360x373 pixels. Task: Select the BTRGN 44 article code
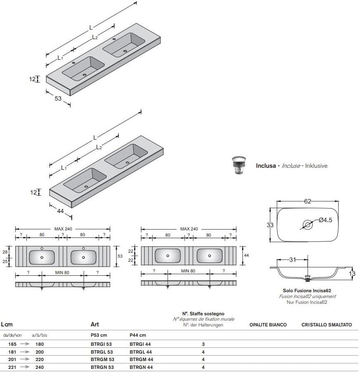[x=141, y=367]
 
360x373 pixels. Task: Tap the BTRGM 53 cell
[x=102, y=359]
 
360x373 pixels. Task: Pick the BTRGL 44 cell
[x=141, y=352]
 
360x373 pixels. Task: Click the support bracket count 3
[x=203, y=344]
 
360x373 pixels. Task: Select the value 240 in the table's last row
[x=40, y=367]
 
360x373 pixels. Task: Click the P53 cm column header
[x=99, y=335]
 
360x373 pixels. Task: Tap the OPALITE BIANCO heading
[x=268, y=325]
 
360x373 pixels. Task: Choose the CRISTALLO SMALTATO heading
[x=327, y=325]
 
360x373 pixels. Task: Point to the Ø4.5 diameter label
[x=325, y=220]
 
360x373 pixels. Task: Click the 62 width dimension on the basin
[x=308, y=201]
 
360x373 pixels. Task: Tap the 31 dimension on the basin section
[x=292, y=259]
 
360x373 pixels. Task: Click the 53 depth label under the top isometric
[x=58, y=99]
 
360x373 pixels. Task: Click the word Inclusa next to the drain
[x=266, y=166]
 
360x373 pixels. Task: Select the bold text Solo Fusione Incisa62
[x=307, y=291]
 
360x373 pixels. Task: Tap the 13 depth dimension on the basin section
[x=352, y=273]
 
